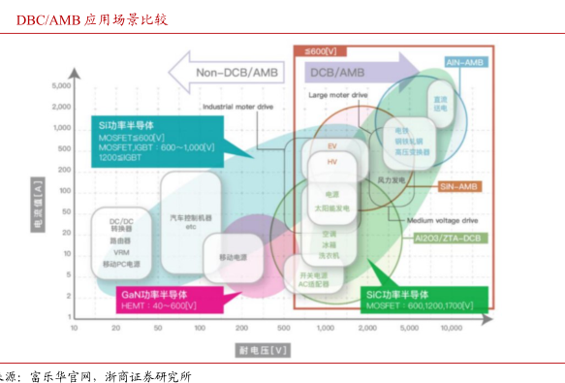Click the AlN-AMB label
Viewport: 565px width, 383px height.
point(465,62)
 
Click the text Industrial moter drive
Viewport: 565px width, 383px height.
point(238,107)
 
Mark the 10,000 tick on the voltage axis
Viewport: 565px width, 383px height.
point(453,329)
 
